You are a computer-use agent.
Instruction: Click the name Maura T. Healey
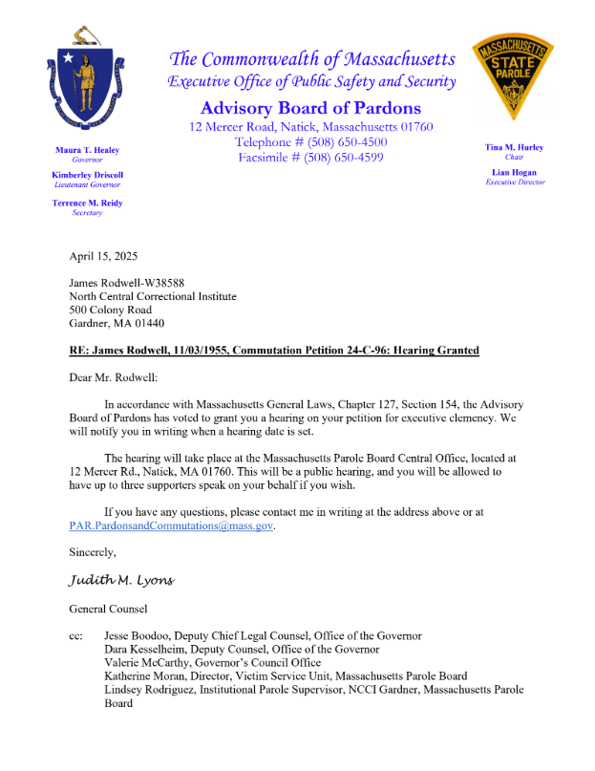pyautogui.click(x=87, y=150)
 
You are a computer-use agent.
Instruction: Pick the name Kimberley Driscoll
pyautogui.click(x=87, y=175)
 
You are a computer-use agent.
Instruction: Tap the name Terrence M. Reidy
pyautogui.click(x=87, y=203)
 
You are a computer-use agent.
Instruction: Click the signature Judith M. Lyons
pyautogui.click(x=121, y=580)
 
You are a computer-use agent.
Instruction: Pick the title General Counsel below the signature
pyautogui.click(x=108, y=609)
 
